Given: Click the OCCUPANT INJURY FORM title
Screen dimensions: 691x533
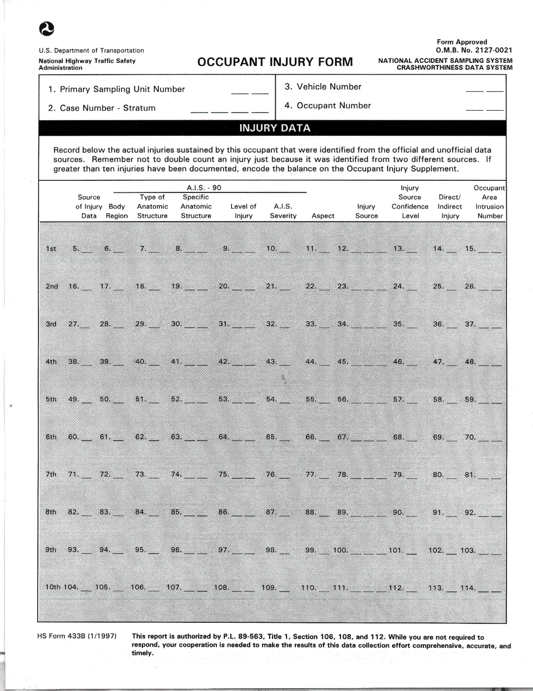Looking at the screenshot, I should (x=275, y=62).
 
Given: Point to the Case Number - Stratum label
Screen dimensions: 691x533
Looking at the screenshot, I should (x=102, y=108).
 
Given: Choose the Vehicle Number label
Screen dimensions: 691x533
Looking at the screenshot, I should (x=323, y=87).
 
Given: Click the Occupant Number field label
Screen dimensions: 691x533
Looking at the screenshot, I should (x=327, y=106).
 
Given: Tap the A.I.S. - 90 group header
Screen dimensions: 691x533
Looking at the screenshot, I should (x=204, y=188).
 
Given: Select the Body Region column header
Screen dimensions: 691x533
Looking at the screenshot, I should (x=117, y=211).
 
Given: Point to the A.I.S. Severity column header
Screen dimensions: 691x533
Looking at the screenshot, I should (x=283, y=211).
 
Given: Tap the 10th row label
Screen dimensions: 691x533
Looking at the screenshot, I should (x=53, y=587).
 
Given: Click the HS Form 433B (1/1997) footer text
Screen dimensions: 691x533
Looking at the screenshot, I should (x=77, y=636).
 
